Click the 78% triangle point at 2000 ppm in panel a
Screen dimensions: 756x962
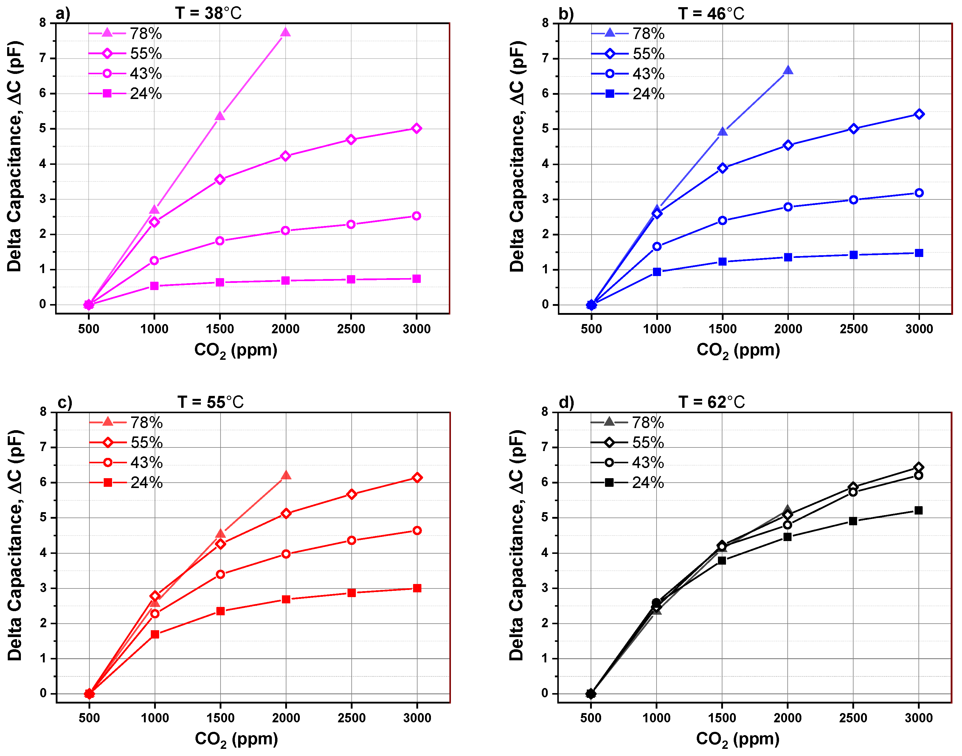286,32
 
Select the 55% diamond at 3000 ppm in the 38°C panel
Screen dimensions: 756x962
416,128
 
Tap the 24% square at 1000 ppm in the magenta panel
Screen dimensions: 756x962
154,286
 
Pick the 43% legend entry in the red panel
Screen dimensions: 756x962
126,463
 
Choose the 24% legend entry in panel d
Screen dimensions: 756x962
627,482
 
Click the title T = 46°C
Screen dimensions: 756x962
711,13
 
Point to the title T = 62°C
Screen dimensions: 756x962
711,402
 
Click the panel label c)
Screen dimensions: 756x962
65,402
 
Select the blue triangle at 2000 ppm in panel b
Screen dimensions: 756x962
788,70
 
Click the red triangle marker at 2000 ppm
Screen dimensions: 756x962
286,476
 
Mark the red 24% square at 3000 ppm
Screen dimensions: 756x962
417,588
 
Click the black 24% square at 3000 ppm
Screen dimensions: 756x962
918,510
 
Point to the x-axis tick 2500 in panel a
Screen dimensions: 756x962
351,329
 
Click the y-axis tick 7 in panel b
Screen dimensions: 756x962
545,58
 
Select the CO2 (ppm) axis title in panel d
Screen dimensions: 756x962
737,739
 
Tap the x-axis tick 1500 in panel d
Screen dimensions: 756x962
722,718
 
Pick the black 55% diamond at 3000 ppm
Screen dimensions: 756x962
918,467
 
